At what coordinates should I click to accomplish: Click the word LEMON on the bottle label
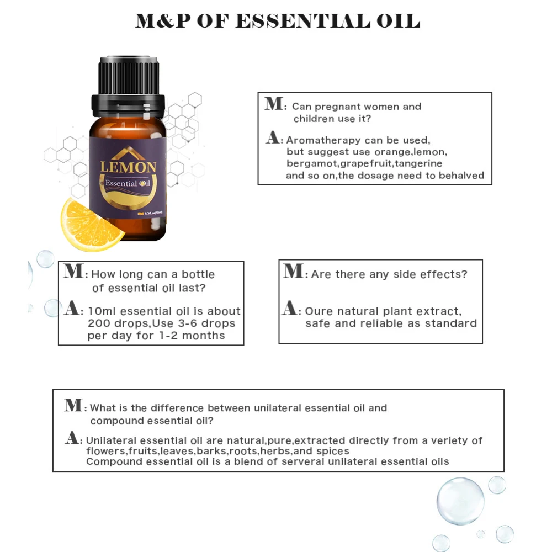pyautogui.click(x=128, y=167)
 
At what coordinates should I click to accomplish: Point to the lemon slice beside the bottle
pyautogui.click(x=91, y=224)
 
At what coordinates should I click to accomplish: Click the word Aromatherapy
pyautogui.click(x=323, y=140)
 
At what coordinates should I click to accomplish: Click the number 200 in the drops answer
pyautogui.click(x=99, y=323)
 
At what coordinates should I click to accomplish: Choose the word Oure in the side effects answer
pyautogui.click(x=319, y=311)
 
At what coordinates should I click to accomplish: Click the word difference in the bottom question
pyautogui.click(x=176, y=408)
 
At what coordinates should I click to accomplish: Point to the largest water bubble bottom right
pyautogui.click(x=460, y=501)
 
